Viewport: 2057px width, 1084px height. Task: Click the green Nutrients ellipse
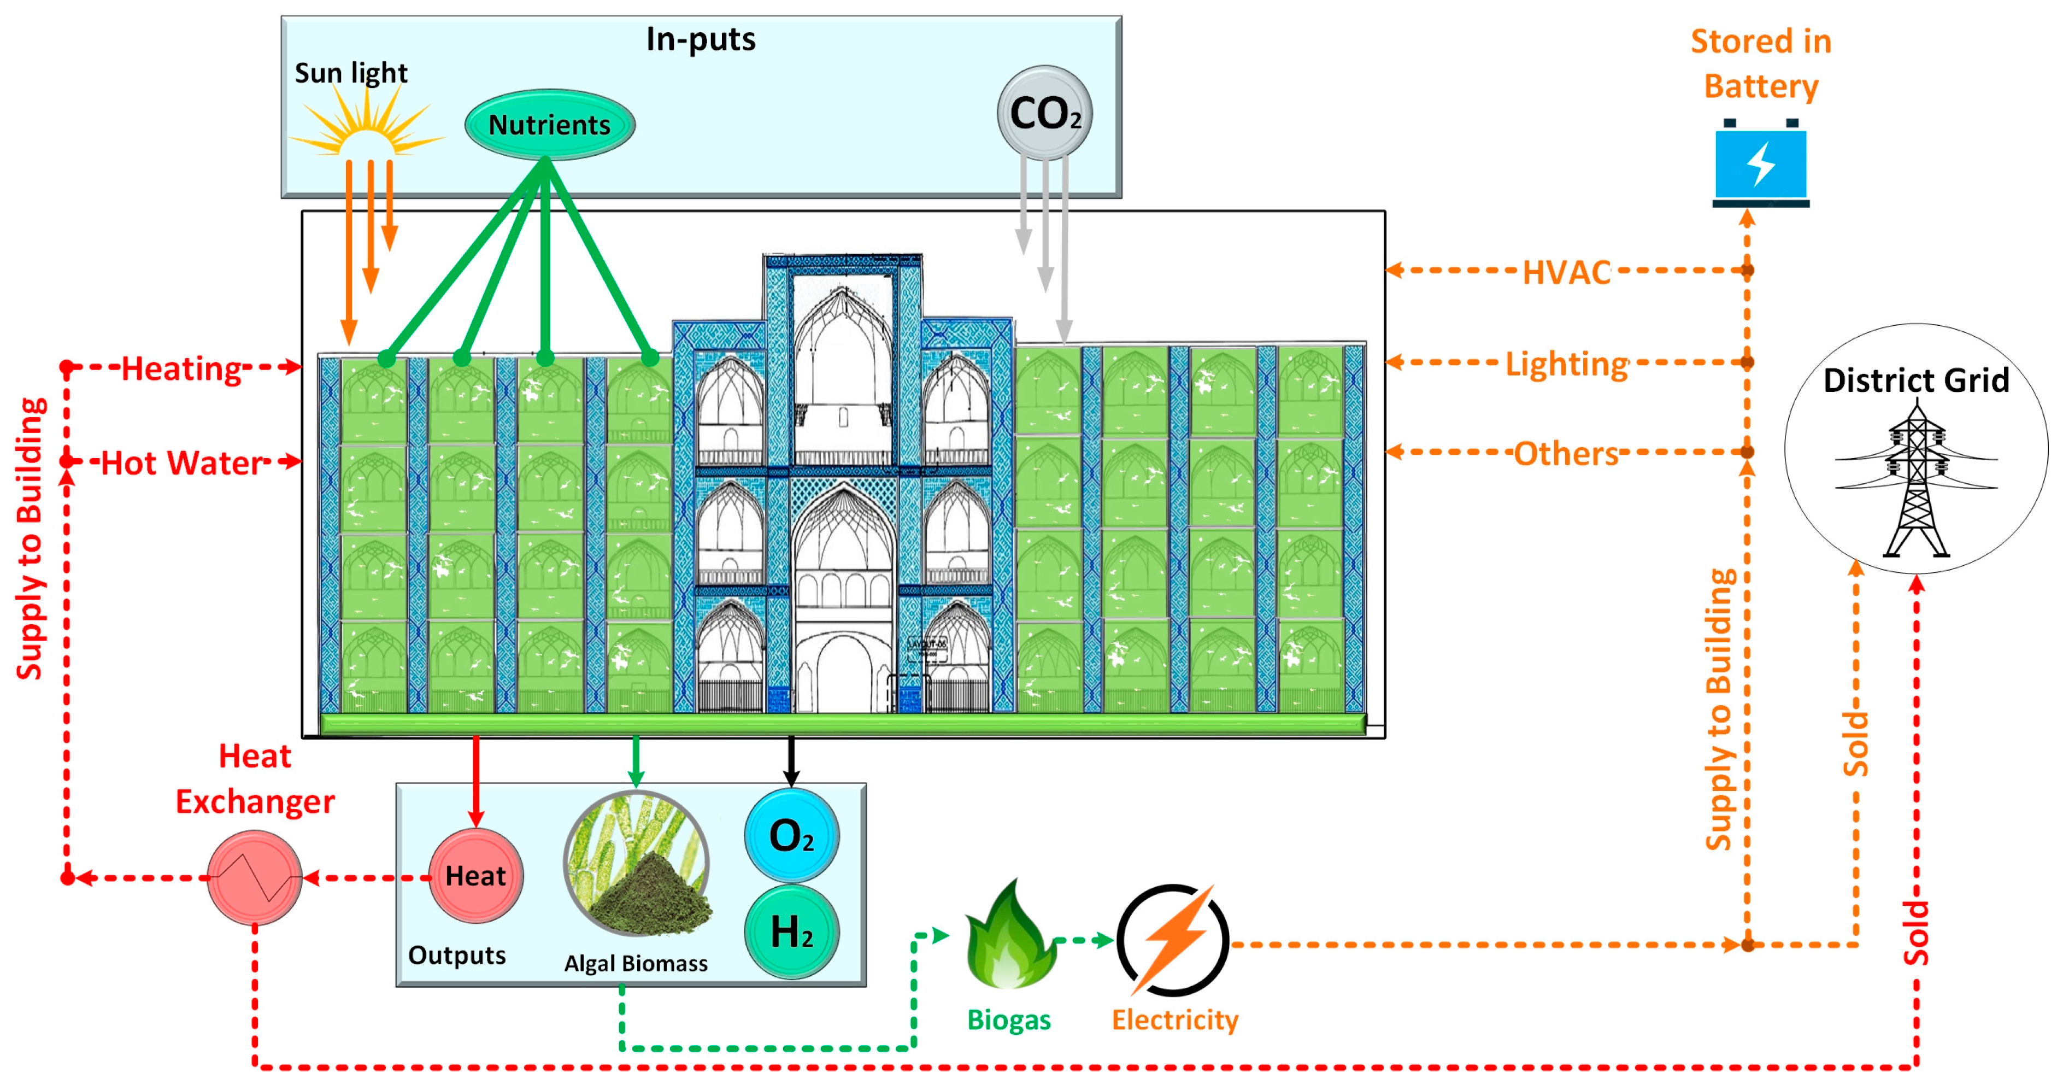point(549,125)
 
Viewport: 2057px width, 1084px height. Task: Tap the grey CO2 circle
point(1044,113)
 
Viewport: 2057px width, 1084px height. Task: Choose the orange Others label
point(1566,454)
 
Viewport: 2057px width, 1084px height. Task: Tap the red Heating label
point(181,369)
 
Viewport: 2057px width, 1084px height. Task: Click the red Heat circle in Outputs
point(476,876)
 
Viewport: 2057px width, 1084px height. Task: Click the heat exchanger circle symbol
point(254,877)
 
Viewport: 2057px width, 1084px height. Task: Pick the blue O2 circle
point(791,836)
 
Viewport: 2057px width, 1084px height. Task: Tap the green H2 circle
point(791,931)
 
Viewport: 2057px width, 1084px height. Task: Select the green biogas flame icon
point(1009,936)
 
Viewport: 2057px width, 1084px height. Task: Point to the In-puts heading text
point(700,39)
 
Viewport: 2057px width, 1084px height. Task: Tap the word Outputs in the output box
point(457,956)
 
